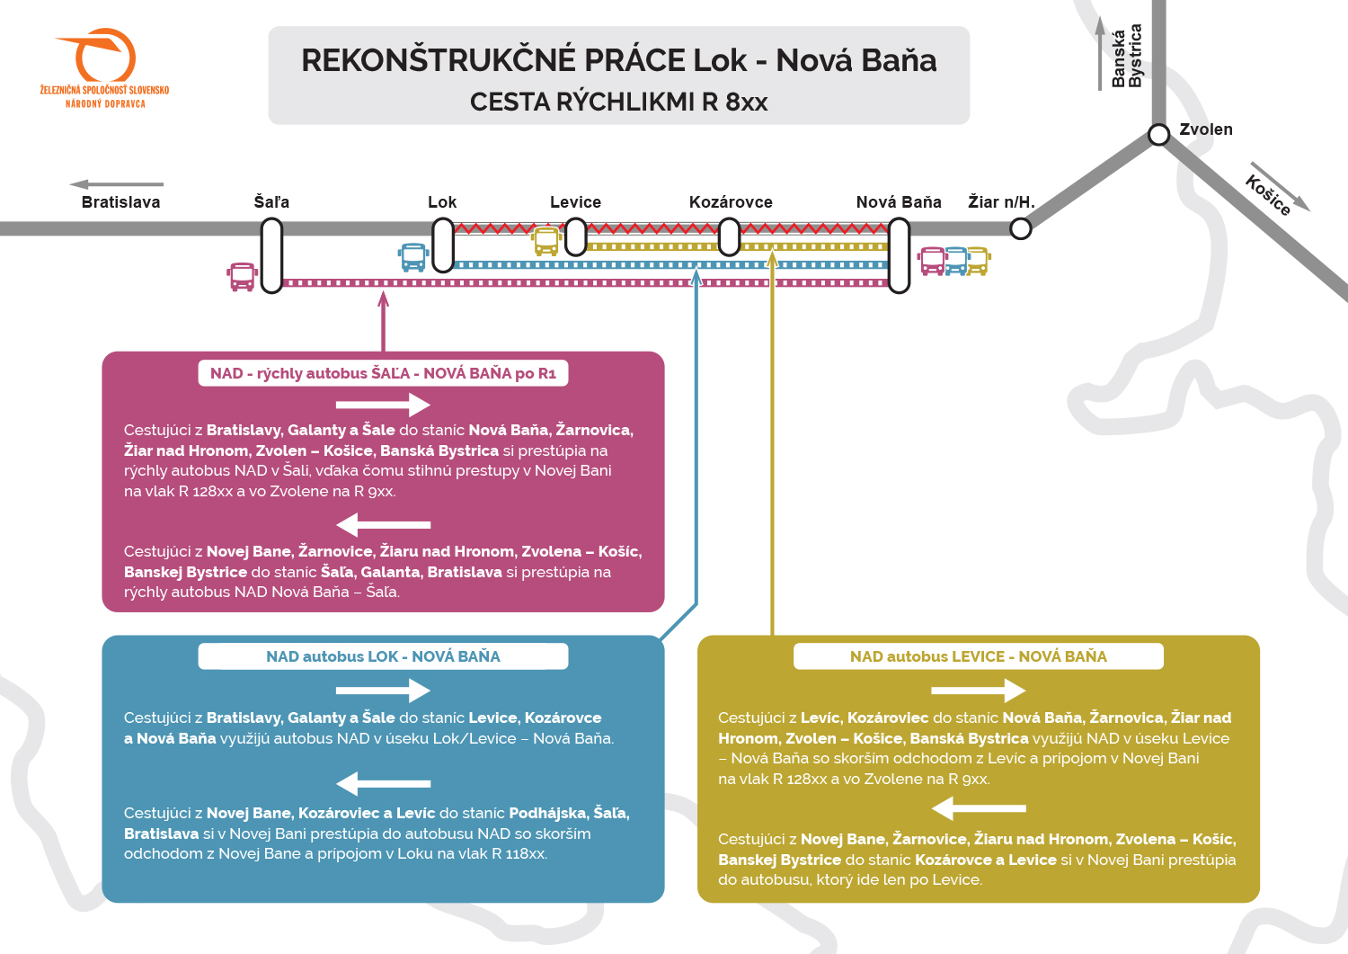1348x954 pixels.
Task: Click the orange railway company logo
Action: coord(104,67)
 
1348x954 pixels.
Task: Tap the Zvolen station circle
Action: coord(1158,134)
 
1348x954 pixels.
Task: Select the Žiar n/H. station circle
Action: coord(1021,229)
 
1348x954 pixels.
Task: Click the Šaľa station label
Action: coord(271,201)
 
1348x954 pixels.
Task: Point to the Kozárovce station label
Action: coord(731,201)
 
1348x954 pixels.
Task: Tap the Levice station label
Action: coord(575,201)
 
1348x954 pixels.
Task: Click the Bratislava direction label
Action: coord(121,201)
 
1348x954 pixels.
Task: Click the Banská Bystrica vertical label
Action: coord(1127,56)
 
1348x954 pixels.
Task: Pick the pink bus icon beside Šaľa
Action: coord(243,277)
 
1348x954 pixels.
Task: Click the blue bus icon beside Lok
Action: coord(413,257)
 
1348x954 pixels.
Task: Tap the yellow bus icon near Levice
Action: coord(546,241)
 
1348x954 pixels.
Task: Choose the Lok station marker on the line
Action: coord(443,245)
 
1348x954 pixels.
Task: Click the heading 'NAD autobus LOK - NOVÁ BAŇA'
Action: coord(384,656)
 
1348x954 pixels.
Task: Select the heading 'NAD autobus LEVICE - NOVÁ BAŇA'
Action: coord(979,656)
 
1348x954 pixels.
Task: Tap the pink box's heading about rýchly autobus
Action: coord(384,373)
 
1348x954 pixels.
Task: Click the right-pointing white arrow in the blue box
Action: coord(384,691)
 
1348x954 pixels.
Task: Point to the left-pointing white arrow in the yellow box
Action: coord(979,808)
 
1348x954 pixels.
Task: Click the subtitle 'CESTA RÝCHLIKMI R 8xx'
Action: coord(618,102)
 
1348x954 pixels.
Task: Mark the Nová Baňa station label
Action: coord(899,201)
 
